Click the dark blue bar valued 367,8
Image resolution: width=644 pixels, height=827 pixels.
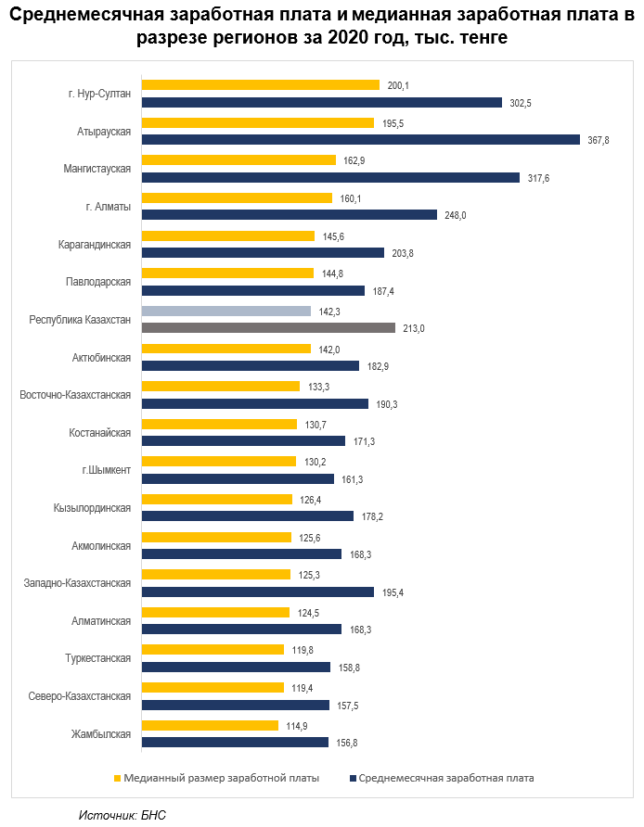point(361,139)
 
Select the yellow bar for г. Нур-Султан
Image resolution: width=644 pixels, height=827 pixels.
point(261,85)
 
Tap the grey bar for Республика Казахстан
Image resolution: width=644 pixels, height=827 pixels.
point(268,328)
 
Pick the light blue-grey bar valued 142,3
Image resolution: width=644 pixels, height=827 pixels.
point(225,312)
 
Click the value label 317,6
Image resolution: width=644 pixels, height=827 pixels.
point(537,177)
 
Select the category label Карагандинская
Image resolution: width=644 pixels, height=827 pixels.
point(94,244)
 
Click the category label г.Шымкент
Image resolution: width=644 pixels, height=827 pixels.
point(107,470)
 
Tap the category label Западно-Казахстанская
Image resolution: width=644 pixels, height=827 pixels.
point(77,583)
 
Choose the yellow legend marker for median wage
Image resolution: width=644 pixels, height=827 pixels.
point(117,778)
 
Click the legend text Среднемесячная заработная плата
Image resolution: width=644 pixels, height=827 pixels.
point(445,778)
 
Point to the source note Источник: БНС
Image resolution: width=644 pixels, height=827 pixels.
point(122,814)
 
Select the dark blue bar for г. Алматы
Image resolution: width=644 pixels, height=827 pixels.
point(289,215)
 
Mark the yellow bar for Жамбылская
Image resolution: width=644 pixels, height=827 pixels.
point(210,725)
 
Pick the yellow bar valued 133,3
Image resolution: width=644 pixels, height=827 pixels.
point(221,386)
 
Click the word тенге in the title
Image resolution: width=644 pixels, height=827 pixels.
point(479,38)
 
